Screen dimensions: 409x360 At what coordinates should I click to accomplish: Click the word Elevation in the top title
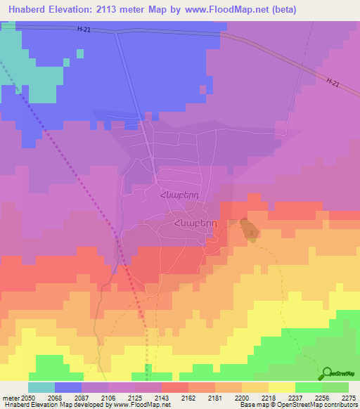pos(77,9)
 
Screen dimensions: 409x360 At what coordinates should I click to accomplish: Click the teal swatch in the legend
pos(41,387)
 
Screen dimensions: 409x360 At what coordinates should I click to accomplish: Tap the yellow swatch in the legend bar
pos(281,387)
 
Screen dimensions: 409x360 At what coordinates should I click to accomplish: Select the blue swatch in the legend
pos(68,387)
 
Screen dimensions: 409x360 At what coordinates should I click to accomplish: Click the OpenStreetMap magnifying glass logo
pos(328,372)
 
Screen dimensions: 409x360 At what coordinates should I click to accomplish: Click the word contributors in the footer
pos(342,405)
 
